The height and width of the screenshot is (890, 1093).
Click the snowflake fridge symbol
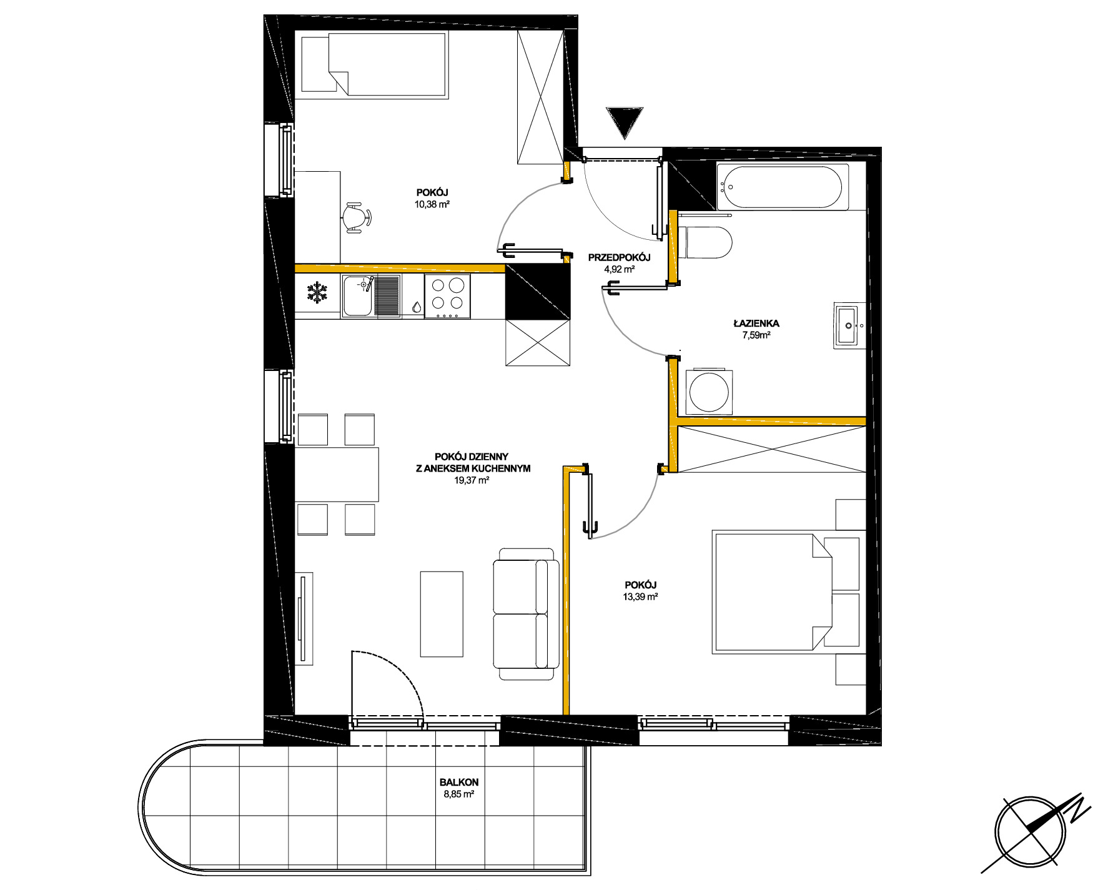(317, 294)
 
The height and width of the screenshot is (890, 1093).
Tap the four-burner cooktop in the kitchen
(448, 296)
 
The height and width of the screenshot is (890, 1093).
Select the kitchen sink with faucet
(371, 296)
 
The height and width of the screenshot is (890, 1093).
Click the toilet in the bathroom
(707, 242)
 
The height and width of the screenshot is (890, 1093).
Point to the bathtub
(783, 187)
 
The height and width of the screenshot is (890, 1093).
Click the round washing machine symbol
(709, 392)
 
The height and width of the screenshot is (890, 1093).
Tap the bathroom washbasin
(849, 325)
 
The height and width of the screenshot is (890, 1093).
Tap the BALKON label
(459, 782)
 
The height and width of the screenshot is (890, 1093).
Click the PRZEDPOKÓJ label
(620, 257)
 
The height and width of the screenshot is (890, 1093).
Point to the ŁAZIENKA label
(756, 324)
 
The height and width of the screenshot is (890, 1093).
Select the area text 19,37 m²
(472, 480)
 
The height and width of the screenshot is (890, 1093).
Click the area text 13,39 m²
(641, 596)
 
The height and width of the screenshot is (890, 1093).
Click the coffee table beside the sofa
(442, 613)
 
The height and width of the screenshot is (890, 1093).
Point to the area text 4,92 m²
(620, 270)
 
